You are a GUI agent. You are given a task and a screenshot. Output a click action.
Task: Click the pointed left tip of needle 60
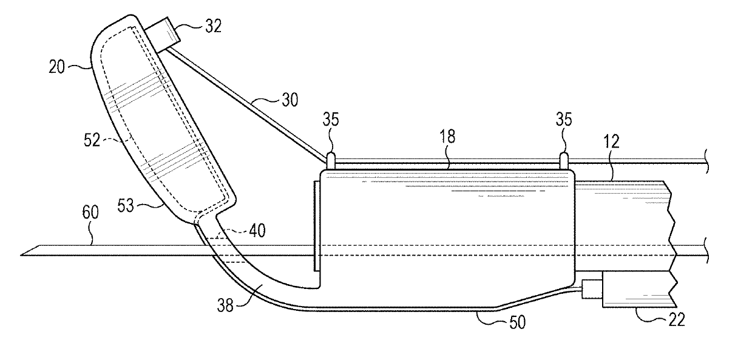[x=23, y=254]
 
